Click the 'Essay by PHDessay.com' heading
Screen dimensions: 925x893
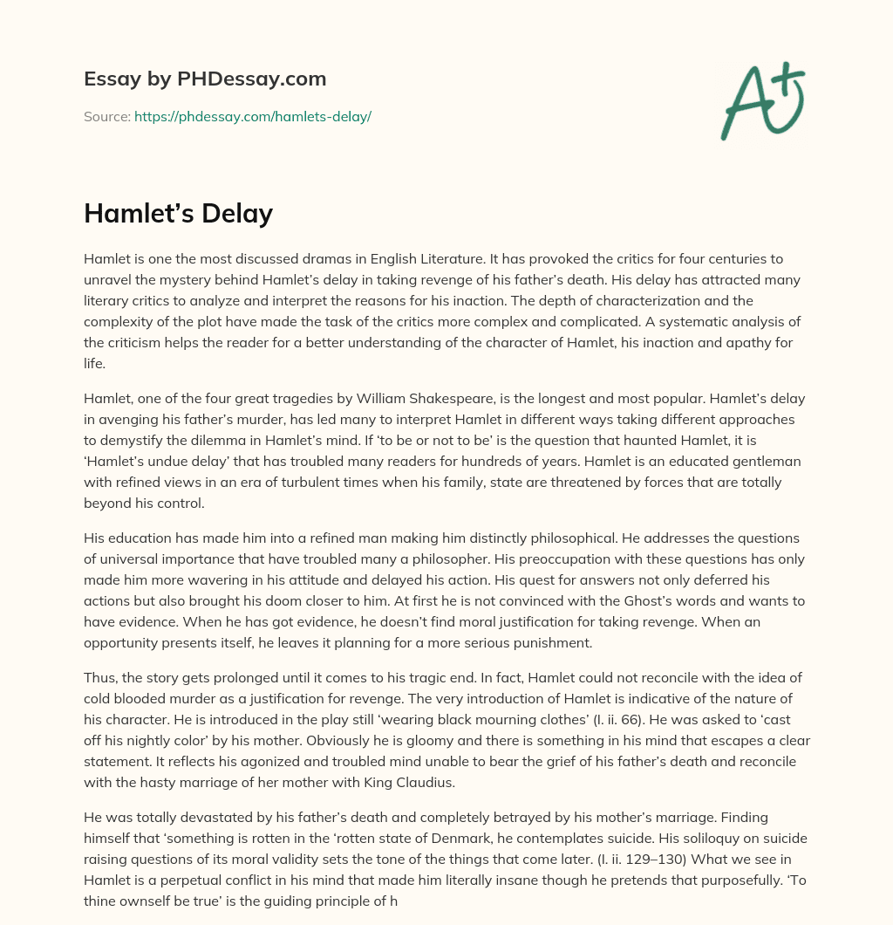coord(205,79)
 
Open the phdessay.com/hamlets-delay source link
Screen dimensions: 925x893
coord(253,116)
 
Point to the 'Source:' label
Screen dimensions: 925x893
coord(106,116)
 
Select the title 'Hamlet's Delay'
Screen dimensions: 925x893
coord(178,214)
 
